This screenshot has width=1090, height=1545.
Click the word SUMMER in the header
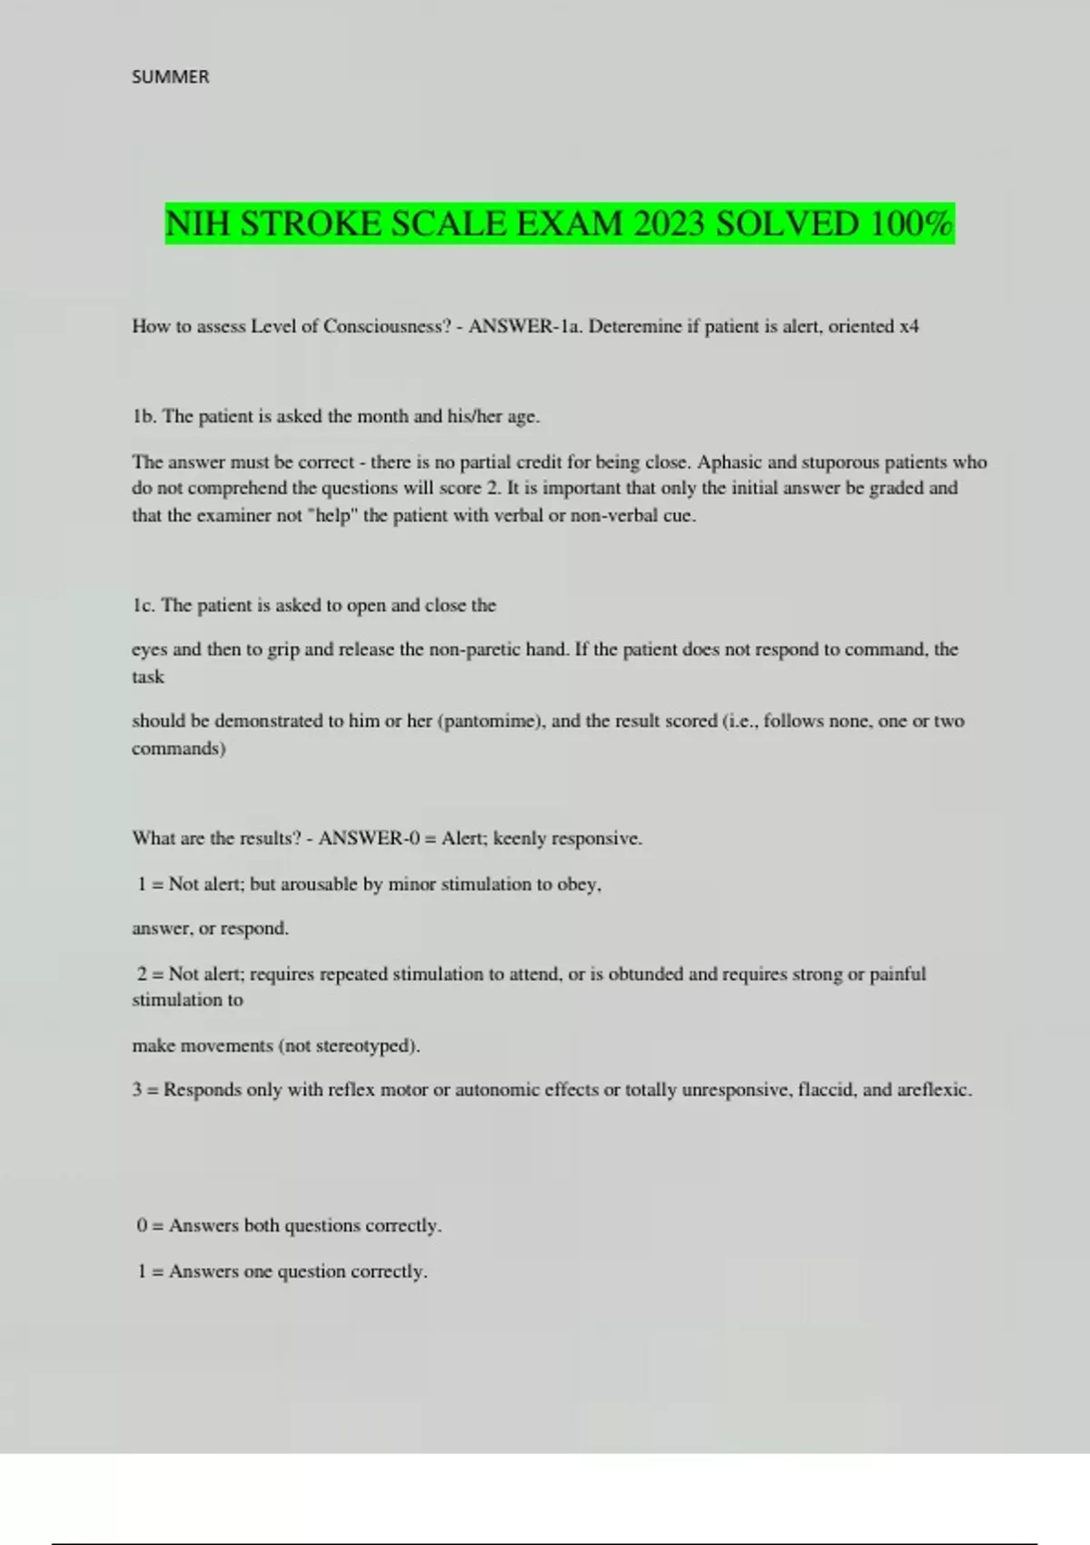170,77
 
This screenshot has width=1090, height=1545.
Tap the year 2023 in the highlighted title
669,224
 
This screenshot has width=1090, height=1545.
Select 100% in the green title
911,224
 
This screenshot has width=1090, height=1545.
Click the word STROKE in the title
311,224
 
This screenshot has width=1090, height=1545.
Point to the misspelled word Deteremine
634,326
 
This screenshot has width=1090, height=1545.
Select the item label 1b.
144,416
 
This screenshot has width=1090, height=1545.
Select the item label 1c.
144,605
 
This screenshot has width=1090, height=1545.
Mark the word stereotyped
363,1046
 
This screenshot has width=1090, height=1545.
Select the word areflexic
933,1090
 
